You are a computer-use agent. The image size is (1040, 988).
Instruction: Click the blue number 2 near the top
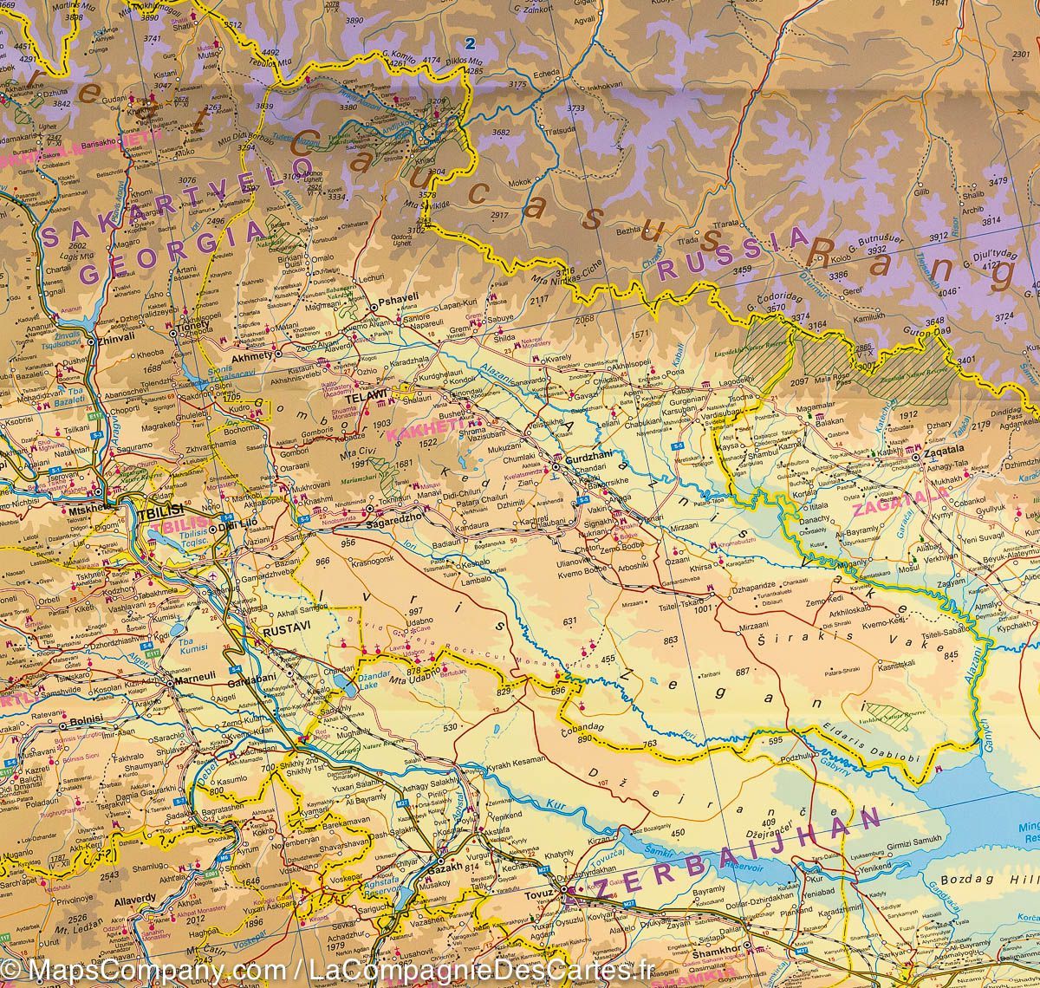click(471, 42)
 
